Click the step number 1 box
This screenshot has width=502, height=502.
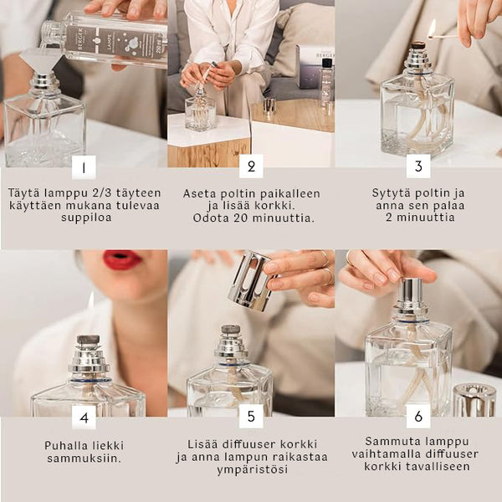[84, 167]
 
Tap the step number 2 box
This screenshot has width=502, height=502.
[251, 166]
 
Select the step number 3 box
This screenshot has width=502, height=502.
[418, 166]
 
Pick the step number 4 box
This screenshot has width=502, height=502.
[84, 417]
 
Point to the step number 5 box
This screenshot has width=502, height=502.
[251, 416]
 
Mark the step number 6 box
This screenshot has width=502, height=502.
[418, 416]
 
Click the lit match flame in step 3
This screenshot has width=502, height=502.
[433, 27]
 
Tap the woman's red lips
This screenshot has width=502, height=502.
[122, 259]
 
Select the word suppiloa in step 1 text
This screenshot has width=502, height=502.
[86, 218]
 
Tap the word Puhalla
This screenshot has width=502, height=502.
[65, 445]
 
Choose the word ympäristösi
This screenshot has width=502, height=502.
[253, 470]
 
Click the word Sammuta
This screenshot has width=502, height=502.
[386, 441]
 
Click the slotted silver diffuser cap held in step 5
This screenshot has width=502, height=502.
[251, 281]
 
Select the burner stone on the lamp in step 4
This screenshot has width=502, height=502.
[89, 340]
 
